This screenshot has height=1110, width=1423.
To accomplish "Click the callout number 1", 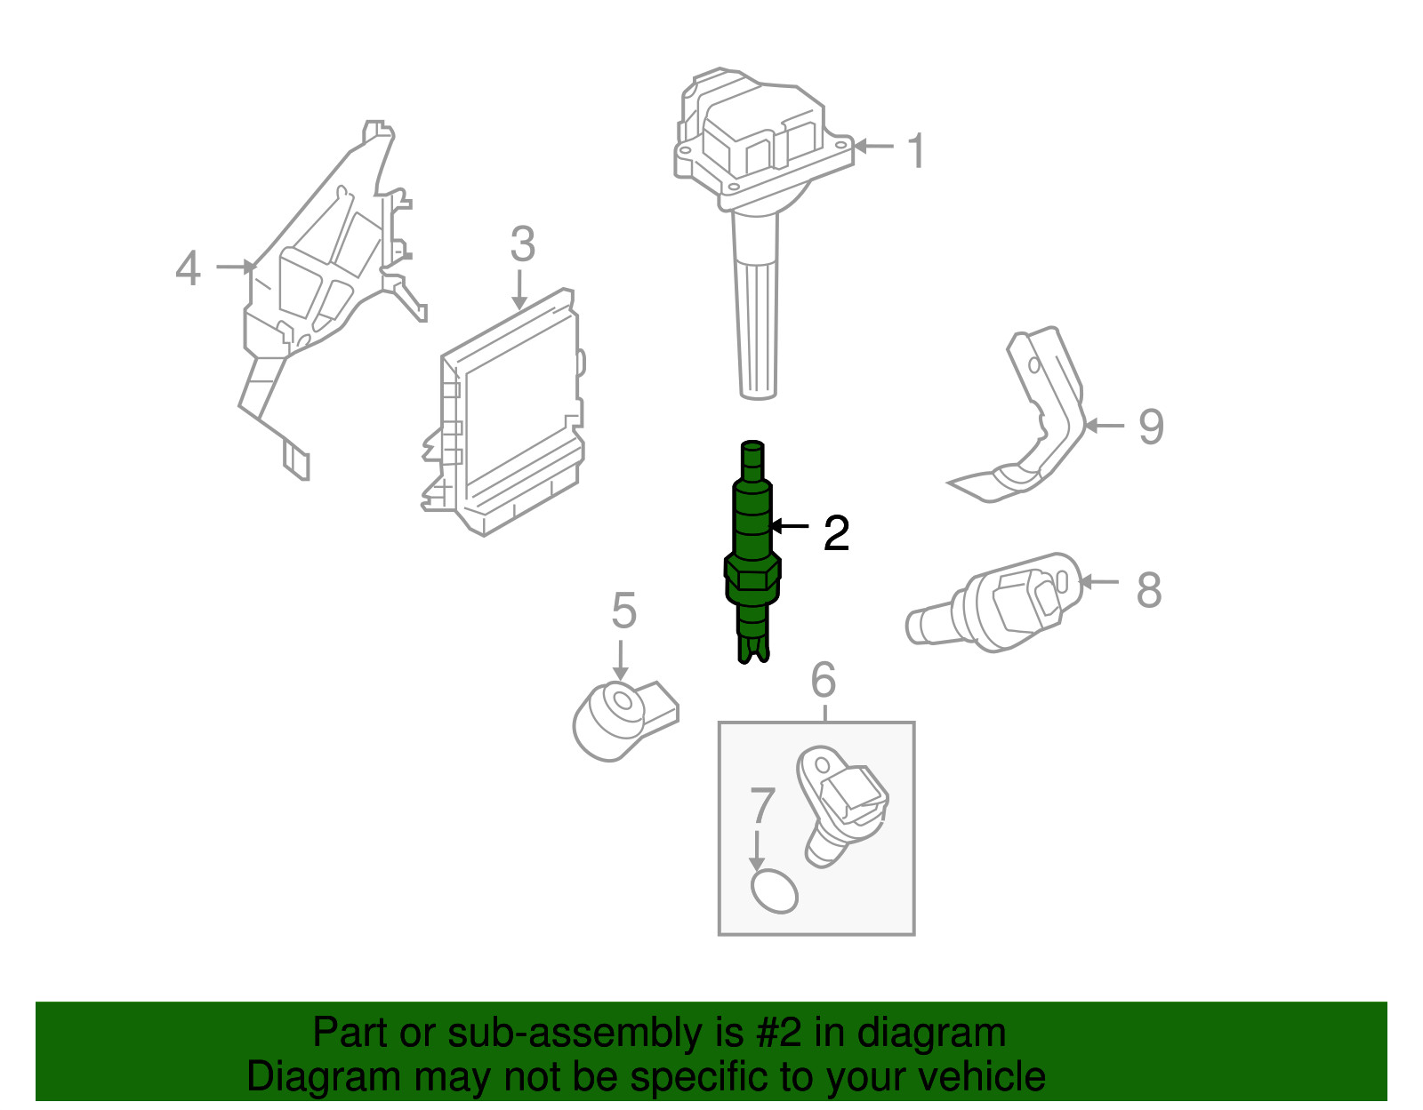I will coord(917,151).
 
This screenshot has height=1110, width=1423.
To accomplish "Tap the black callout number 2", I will coord(836,533).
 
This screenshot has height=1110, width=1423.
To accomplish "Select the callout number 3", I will coord(522,244).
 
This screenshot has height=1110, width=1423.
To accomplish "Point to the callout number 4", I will coord(188,268).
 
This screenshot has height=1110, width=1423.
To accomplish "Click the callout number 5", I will coord(623,611).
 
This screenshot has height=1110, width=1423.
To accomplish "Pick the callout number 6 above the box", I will coord(824,681).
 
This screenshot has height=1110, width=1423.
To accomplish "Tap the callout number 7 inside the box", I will coord(762,807).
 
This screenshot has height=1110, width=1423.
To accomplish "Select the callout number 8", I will coord(1148,590).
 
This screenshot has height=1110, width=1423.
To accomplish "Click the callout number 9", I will coord(1151,427).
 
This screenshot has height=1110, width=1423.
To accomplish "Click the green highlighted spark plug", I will coord(752,551).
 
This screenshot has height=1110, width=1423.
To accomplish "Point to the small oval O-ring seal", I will coord(774,891).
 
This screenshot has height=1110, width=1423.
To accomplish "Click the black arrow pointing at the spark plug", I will coord(789,527).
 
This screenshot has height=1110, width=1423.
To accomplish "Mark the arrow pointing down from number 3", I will coord(520,289).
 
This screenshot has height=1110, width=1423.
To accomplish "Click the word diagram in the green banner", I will coord(931,1033).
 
